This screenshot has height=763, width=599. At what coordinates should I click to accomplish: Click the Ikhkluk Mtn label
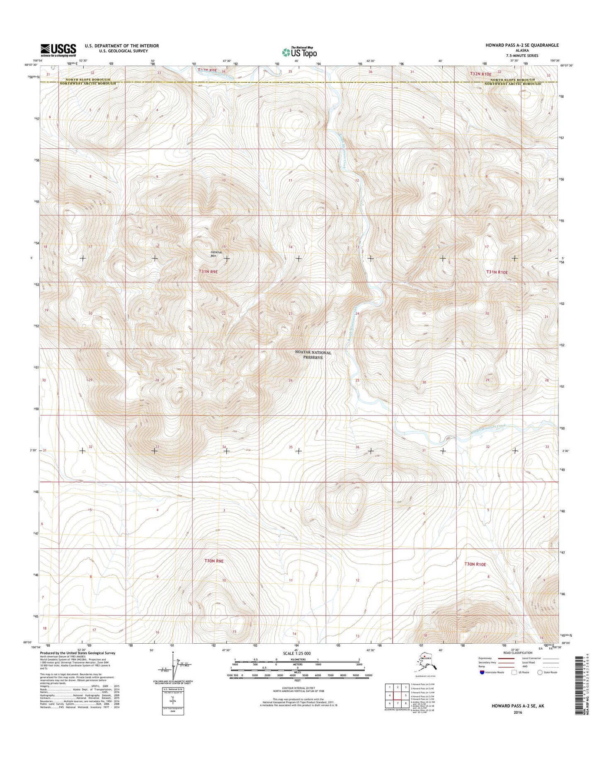pos(214,254)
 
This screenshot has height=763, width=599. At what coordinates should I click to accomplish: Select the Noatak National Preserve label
pos(313,355)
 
